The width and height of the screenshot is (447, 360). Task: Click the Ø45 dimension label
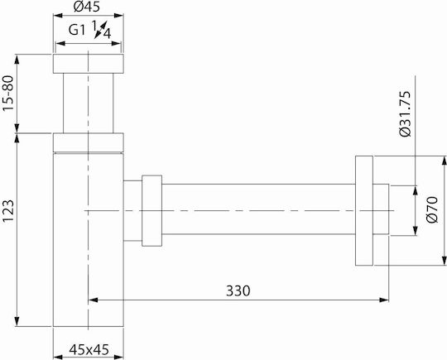click(87, 7)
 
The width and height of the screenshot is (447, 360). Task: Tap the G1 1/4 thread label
click(89, 29)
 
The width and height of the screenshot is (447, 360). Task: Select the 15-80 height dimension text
click(8, 94)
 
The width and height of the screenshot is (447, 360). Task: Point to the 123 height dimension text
click(8, 211)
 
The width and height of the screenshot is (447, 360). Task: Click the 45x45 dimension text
click(89, 349)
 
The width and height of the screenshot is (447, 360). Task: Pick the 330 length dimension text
click(238, 291)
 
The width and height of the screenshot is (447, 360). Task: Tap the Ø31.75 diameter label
click(405, 113)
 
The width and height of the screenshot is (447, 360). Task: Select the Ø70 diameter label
click(432, 209)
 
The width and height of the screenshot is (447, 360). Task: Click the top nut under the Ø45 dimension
click(88, 64)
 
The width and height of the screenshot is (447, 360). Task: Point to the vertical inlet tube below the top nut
click(88, 103)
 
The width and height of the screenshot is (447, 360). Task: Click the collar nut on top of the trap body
click(88, 142)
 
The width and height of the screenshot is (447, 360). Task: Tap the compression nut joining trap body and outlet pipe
click(152, 211)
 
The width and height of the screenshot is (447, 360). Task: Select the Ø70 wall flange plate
click(364, 211)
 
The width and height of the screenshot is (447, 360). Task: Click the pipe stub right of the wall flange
click(381, 209)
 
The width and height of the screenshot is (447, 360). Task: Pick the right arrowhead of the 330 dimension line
click(384, 300)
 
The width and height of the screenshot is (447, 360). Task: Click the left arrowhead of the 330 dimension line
click(94, 300)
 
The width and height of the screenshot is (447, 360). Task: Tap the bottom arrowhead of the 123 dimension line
click(17, 321)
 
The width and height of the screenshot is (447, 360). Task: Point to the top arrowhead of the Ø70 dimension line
click(444, 161)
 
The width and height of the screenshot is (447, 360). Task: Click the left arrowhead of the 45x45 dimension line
click(58, 357)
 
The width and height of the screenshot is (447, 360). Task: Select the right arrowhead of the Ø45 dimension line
click(118, 16)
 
